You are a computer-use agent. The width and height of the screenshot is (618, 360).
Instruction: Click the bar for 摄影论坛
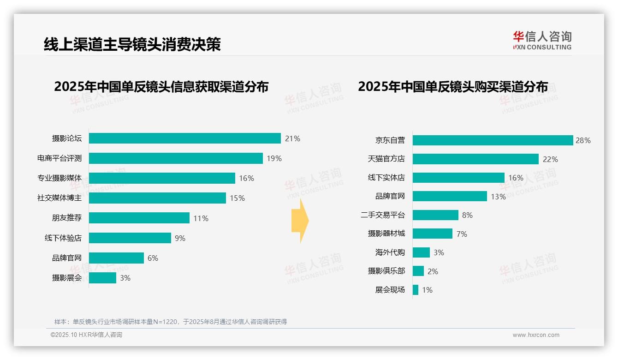184,138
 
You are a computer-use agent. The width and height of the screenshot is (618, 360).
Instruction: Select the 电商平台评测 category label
59,158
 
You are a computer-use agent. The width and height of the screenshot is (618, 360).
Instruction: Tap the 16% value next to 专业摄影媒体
246,178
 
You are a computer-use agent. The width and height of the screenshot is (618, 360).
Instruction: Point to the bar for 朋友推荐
139,218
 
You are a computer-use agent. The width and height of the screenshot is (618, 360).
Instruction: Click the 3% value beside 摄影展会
125,278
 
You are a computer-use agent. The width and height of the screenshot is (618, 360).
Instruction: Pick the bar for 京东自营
493,140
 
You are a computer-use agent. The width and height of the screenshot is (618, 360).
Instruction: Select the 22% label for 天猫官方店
550,159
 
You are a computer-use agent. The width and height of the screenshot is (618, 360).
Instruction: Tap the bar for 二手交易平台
435,215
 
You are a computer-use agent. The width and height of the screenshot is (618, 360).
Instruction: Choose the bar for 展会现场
416,290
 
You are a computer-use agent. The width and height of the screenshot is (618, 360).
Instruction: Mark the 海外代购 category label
390,252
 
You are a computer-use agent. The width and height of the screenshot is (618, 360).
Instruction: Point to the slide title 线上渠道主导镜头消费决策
132,44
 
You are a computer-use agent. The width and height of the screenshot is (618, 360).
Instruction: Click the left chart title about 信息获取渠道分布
161,87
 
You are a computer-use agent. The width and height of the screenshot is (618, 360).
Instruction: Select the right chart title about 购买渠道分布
453,87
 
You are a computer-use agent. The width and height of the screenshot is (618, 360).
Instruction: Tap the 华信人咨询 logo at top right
542,40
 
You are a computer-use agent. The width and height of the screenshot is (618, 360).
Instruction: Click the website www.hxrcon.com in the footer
536,335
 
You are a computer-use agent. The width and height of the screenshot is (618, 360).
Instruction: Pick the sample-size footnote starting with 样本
171,322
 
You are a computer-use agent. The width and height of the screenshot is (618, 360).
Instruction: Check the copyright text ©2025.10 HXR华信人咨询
86,335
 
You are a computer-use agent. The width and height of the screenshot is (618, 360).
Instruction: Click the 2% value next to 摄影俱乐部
433,271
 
